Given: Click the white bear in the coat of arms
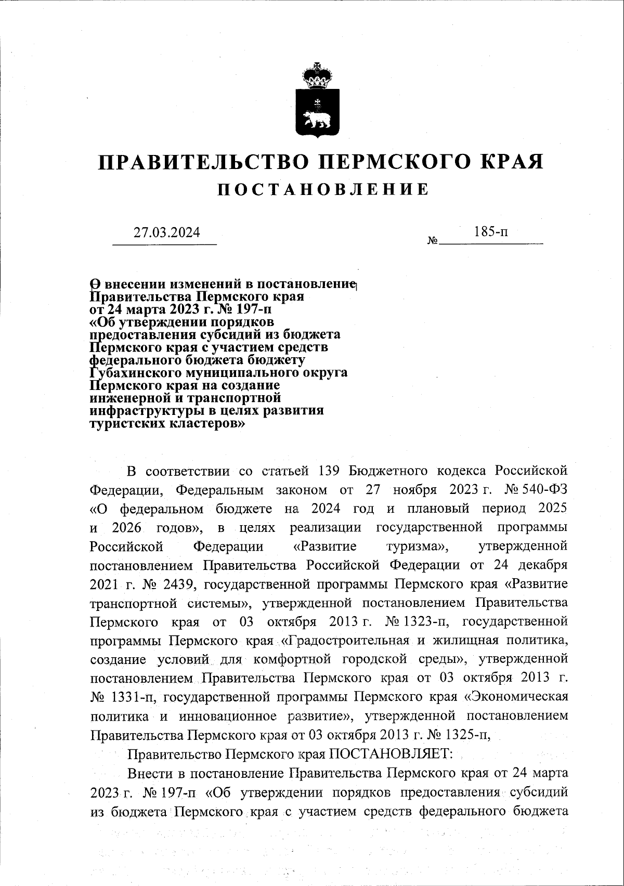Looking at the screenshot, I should [317, 118].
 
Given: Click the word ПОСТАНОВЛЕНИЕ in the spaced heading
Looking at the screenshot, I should [323, 190].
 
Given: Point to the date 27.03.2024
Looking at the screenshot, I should [166, 232].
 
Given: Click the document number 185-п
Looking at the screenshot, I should [491, 232].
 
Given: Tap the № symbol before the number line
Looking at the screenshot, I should [432, 241].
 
